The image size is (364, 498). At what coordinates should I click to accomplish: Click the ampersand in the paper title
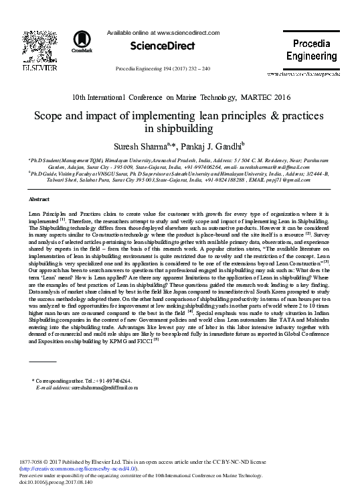260,115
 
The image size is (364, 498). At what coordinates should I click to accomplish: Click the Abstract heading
38,200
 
